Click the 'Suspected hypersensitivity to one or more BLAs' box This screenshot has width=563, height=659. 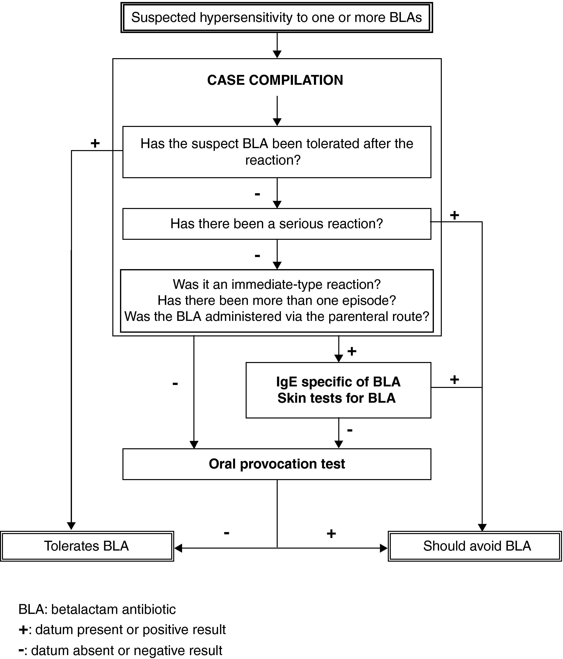pyautogui.click(x=277, y=18)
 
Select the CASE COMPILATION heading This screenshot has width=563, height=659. pyautogui.click(x=275, y=80)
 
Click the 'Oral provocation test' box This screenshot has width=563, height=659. pyautogui.click(x=277, y=464)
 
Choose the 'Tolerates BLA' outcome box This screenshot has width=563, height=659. pyautogui.click(x=86, y=546)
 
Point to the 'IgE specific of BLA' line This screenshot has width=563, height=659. pyautogui.click(x=338, y=382)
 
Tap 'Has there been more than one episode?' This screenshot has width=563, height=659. pyautogui.click(x=277, y=300)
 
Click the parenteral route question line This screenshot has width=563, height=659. pyautogui.click(x=277, y=316)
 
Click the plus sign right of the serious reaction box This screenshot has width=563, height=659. pyautogui.click(x=454, y=215)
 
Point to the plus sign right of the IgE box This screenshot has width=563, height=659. pyautogui.click(x=454, y=380)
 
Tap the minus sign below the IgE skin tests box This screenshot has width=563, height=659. pyautogui.click(x=350, y=430)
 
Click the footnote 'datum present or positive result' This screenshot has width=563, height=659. pyautogui.click(x=130, y=630)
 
